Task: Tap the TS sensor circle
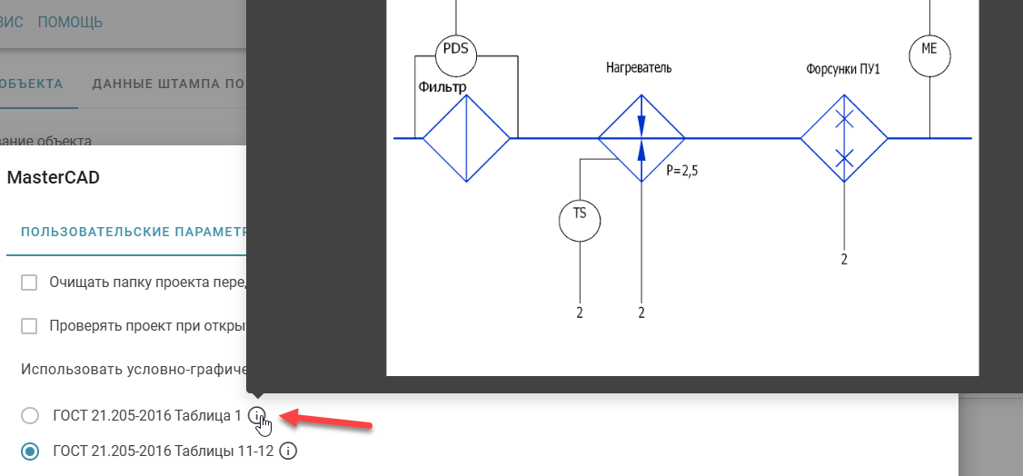pos(580,218)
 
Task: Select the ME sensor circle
pos(929,54)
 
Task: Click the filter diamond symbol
pos(466,138)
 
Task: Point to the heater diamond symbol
pos(641,138)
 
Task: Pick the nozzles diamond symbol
pos(844,138)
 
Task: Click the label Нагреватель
pos(639,68)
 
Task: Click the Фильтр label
pos(442,87)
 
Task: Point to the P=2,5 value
pos(681,170)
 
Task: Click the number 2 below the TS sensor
pos(580,313)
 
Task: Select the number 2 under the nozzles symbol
pos(844,260)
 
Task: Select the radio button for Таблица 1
pos(30,416)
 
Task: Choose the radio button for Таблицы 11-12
pos(30,451)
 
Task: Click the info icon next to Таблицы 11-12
pos(289,450)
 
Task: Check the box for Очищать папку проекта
pos(29,283)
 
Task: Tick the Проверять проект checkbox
pos(29,326)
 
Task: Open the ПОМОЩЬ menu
pos(70,22)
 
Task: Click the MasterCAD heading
pos(53,178)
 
